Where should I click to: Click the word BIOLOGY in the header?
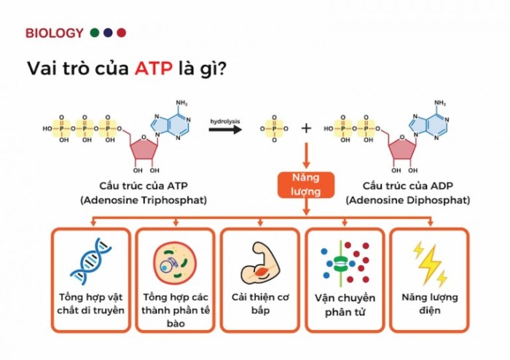(55, 33)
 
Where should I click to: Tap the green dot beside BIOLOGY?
(95, 33)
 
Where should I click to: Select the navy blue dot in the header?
(108, 33)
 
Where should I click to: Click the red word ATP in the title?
(154, 69)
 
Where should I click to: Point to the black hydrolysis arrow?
(225, 130)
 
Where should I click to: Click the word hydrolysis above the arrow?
(225, 121)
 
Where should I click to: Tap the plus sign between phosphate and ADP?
(306, 128)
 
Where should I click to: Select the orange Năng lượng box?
(306, 184)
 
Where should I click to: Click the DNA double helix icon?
(91, 261)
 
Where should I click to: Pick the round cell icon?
(175, 263)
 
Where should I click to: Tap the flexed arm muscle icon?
(260, 263)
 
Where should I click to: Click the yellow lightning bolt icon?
(430, 264)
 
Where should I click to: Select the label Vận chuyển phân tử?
(345, 305)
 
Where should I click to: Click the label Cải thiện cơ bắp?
(260, 303)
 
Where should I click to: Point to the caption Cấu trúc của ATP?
(144, 186)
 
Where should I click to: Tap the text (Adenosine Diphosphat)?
(408, 200)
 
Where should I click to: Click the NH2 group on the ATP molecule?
(182, 103)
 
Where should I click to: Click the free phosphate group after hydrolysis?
(274, 129)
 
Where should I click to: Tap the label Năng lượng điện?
(430, 303)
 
